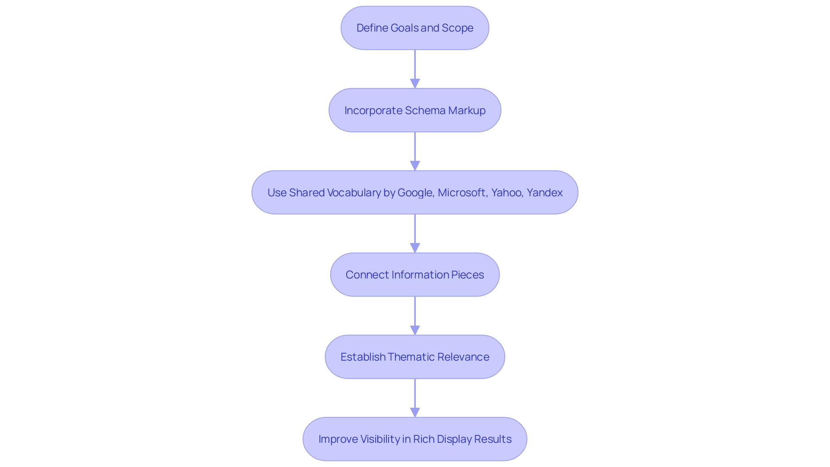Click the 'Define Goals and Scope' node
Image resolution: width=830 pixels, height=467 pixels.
click(415, 28)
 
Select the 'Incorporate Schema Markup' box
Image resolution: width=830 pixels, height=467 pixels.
click(415, 110)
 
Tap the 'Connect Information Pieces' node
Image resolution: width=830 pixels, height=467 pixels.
click(415, 275)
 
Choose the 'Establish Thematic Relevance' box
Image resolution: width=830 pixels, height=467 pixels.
click(415, 357)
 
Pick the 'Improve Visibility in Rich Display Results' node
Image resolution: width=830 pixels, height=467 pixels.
click(415, 439)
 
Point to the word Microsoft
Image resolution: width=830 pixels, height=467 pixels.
click(462, 193)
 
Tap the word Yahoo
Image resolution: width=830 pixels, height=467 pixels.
click(506, 193)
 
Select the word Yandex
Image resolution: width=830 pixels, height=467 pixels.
click(544, 193)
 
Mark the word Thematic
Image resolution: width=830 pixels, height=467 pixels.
click(411, 357)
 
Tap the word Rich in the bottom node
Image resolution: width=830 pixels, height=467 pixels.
click(424, 439)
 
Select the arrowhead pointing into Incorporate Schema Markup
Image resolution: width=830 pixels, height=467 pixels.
click(415, 83)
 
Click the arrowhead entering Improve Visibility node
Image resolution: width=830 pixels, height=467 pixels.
click(415, 412)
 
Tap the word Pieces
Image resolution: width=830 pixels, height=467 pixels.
click(467, 275)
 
